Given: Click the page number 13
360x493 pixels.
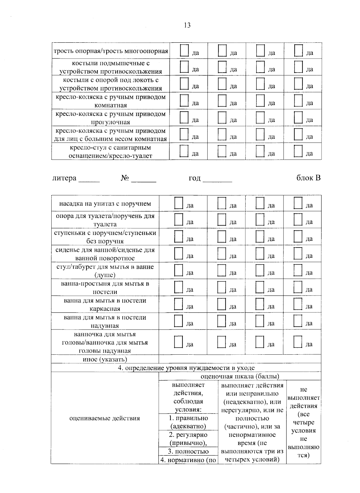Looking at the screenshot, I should (187, 25).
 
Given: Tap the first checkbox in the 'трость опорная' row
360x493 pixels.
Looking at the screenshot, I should (184, 50).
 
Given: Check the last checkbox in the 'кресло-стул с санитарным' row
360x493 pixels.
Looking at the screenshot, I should (298, 151).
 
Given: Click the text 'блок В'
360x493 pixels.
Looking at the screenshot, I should (308, 178).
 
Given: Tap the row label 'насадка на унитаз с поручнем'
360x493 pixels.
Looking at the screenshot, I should (105, 204).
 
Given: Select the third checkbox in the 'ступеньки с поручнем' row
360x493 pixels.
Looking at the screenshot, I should (260, 236).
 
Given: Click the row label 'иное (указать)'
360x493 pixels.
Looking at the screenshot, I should (105, 359).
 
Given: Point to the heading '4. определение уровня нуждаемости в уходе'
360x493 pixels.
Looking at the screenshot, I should (186, 368).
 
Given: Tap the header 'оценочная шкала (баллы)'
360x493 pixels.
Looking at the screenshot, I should (240, 376).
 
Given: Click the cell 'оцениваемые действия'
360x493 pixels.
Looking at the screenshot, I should (105, 418).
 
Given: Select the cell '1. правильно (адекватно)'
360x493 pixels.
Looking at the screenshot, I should (188, 422).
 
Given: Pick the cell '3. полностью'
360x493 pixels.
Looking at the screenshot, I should (188, 452).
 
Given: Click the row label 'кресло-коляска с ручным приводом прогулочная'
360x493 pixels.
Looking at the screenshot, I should (110, 118).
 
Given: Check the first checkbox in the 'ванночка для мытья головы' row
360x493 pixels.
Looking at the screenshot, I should (178, 342).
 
